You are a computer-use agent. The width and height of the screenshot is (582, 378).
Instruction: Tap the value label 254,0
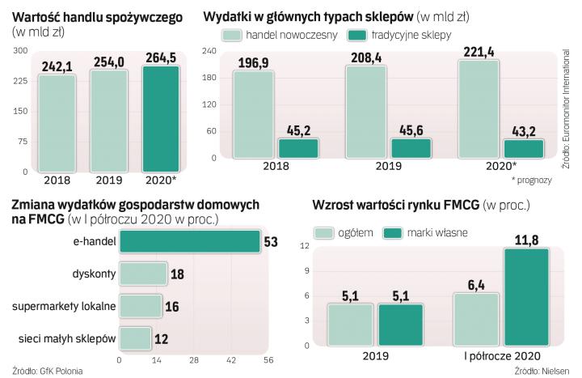click(x=108, y=62)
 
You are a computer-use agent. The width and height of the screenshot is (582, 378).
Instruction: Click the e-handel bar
click(x=188, y=241)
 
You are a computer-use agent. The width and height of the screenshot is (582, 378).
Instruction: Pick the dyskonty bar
click(x=142, y=274)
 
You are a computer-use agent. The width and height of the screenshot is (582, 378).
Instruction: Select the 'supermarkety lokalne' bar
click(x=140, y=305)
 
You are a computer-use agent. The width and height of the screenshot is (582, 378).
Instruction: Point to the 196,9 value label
click(x=253, y=63)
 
